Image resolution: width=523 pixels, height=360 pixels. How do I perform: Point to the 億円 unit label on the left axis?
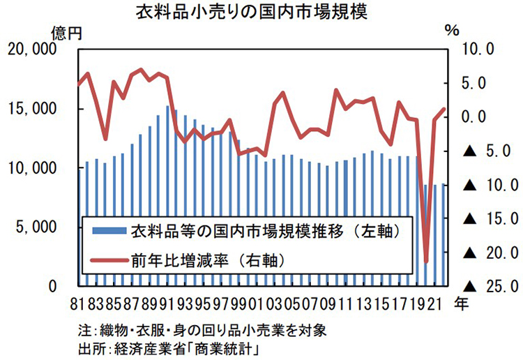(66, 33)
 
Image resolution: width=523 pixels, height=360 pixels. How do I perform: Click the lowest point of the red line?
(426, 263)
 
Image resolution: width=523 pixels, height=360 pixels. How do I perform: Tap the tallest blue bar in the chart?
(167, 195)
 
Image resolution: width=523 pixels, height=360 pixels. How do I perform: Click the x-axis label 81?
(78, 304)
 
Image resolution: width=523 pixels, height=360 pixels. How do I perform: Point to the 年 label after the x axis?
(461, 303)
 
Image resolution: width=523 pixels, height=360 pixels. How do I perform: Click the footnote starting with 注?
(202, 329)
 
